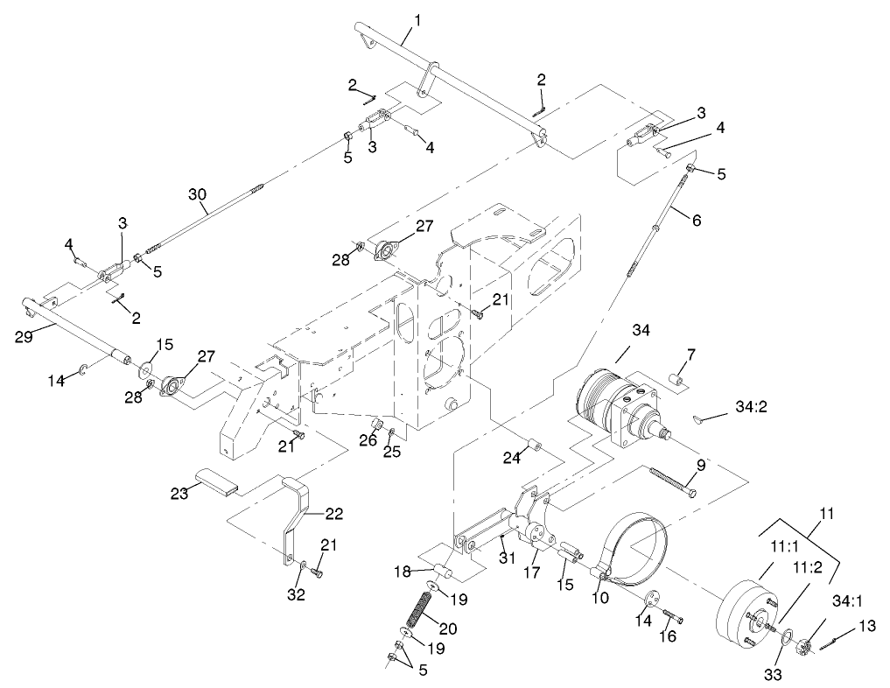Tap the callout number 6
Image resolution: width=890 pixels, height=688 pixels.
[x=696, y=221]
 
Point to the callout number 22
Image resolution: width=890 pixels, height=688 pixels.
[x=333, y=513]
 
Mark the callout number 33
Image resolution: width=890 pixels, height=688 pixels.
[x=774, y=675]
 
